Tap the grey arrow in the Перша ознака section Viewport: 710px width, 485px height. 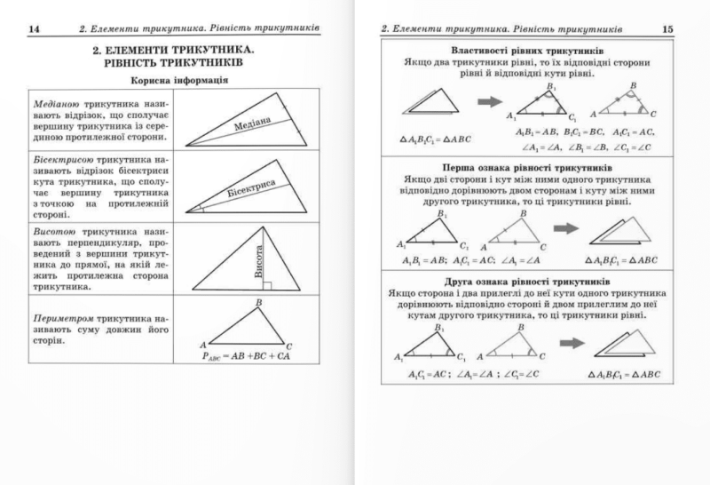(564, 228)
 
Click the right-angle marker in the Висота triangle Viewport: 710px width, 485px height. (267, 286)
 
